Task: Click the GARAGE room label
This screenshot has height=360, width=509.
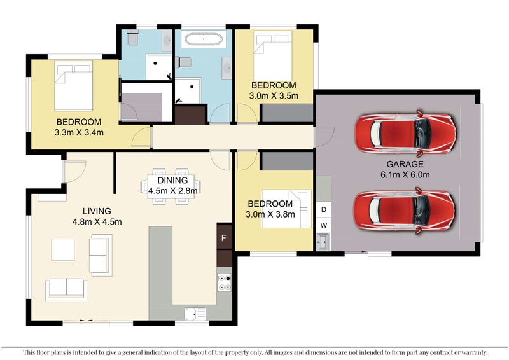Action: coord(405,164)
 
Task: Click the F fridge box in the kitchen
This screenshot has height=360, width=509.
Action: coord(225,237)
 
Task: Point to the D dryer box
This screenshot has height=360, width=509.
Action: coord(324,209)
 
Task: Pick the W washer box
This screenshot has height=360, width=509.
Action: coord(324,225)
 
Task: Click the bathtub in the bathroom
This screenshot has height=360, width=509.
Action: coord(204,39)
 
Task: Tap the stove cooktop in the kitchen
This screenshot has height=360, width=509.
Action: coord(224,282)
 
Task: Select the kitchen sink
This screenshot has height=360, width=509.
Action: coord(195,314)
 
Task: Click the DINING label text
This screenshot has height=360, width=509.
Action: coord(172,180)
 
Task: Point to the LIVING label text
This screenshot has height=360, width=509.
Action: coord(97,211)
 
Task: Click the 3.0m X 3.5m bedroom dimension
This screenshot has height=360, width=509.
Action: coord(274,96)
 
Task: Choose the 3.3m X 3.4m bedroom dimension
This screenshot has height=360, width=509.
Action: coord(79,132)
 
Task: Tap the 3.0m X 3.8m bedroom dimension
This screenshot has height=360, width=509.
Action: coord(270,214)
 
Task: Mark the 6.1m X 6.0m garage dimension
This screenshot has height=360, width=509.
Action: coord(405,175)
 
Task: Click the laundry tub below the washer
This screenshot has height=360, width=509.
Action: coord(324,242)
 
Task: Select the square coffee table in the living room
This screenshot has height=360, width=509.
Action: coord(62,249)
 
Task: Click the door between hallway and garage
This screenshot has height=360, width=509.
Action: coord(324,137)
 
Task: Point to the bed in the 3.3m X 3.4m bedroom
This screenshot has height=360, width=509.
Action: coord(73,86)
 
